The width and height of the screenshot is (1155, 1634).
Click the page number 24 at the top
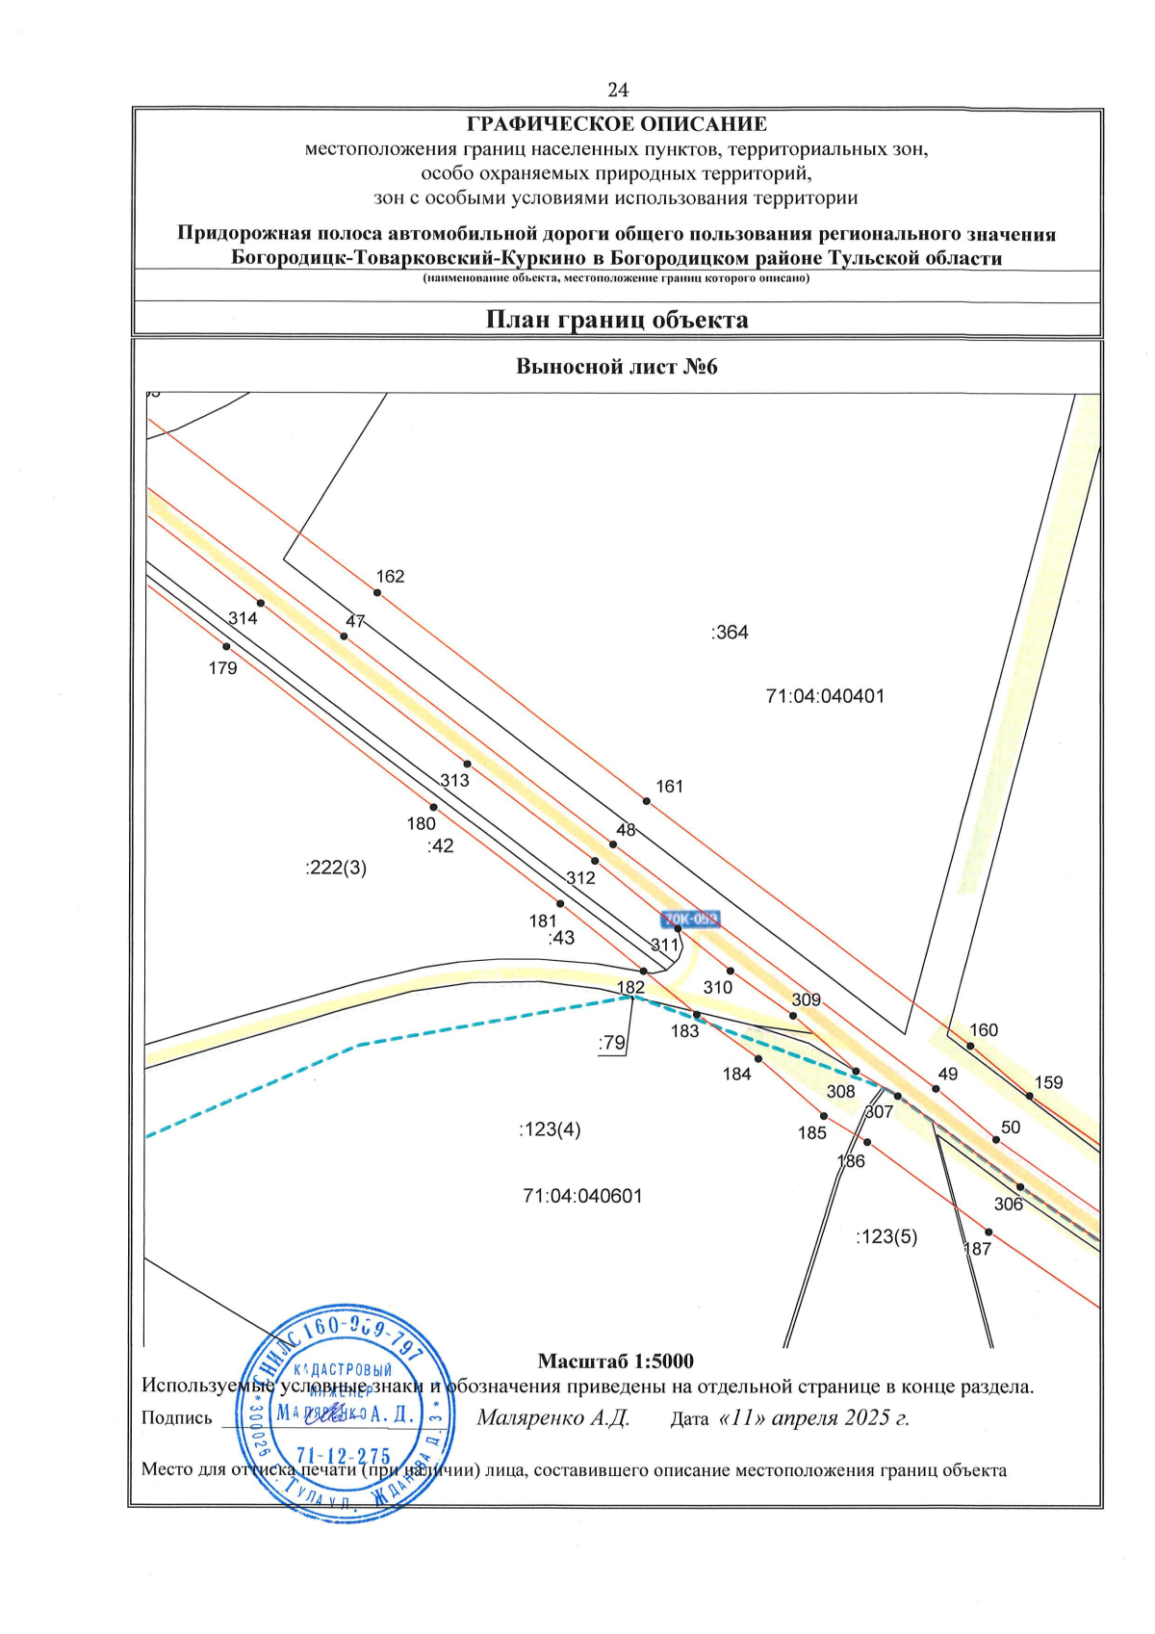click(x=618, y=90)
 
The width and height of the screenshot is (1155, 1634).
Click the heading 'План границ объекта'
click(x=617, y=320)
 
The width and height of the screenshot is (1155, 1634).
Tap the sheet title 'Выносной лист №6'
click(x=617, y=367)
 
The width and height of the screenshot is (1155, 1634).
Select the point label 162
click(x=390, y=577)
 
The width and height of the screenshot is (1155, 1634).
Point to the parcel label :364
click(x=730, y=633)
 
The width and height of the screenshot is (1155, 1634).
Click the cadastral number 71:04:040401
click(x=825, y=696)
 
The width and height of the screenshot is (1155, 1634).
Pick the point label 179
click(x=222, y=668)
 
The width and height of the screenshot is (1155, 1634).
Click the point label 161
click(x=669, y=787)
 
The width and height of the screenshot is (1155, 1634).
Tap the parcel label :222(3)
click(x=336, y=868)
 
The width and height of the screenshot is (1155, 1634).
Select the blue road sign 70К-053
click(x=691, y=920)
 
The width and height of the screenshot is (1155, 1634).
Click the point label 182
click(x=630, y=988)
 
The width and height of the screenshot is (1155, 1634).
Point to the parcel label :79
click(x=611, y=1043)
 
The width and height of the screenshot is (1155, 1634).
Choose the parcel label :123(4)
click(x=550, y=1129)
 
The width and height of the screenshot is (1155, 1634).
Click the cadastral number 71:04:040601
click(x=582, y=1196)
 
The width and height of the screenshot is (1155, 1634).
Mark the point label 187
click(x=977, y=1249)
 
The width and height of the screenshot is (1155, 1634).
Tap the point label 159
click(x=1048, y=1083)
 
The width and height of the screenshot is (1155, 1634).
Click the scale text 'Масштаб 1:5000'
click(x=615, y=1362)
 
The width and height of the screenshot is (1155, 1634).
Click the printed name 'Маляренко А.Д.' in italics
click(x=552, y=1418)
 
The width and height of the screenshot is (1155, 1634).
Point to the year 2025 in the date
click(x=863, y=1418)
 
